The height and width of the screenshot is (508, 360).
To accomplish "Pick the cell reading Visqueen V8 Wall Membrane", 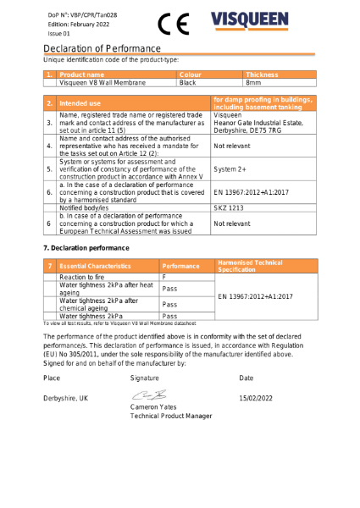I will (x=102, y=83).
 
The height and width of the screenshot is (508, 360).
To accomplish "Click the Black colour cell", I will (x=188, y=83).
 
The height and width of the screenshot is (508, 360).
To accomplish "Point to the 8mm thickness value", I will (x=253, y=83).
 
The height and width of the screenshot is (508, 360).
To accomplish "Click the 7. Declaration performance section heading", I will (x=86, y=247).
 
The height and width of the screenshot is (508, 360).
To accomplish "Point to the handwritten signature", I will (x=147, y=395).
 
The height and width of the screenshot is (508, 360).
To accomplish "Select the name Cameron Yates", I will (x=154, y=407).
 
